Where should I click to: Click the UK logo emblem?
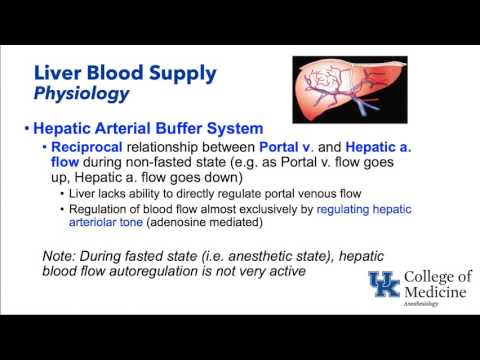[x=384, y=289]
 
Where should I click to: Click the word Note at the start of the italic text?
[x=62, y=255]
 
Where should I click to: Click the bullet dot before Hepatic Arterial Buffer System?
[x=26, y=129]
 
